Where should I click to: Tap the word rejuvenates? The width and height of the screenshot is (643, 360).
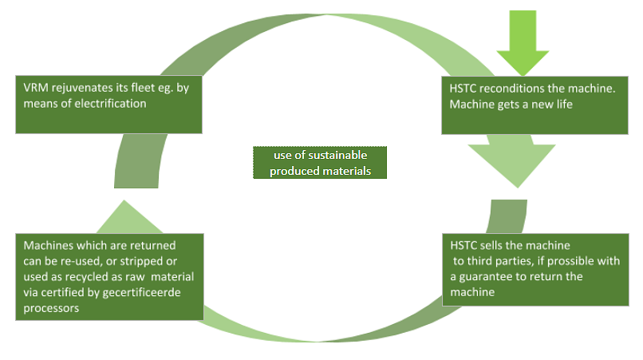point(81,88)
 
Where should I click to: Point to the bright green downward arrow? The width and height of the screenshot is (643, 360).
point(523,40)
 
